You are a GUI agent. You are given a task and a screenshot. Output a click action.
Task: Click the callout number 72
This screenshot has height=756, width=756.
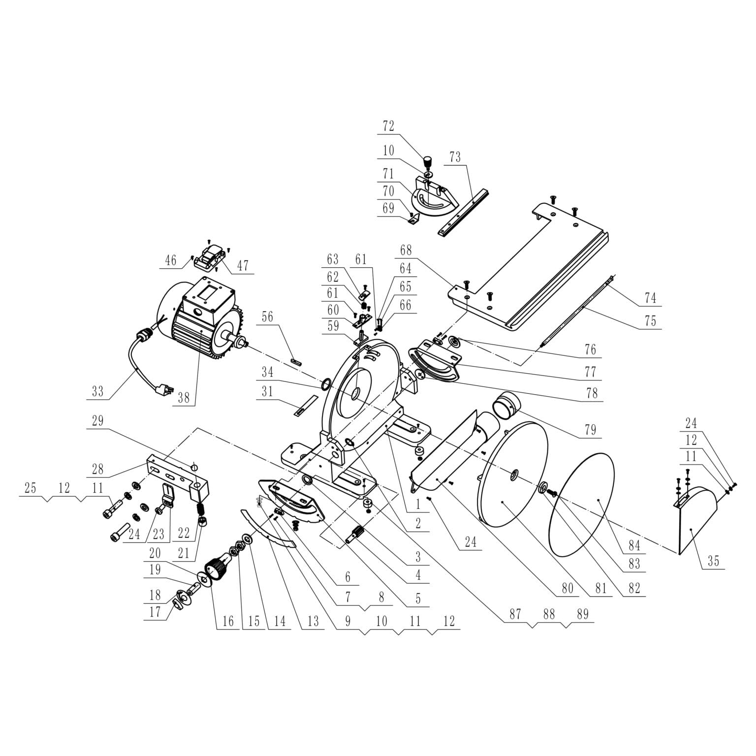[x=388, y=126]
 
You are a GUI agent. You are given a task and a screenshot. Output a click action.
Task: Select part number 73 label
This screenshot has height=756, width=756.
[x=455, y=157]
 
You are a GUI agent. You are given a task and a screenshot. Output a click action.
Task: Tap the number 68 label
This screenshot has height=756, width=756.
[x=406, y=250]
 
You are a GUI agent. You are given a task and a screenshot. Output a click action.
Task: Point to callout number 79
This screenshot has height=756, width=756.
[x=590, y=430]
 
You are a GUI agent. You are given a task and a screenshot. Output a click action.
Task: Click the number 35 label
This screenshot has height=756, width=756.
[x=713, y=561]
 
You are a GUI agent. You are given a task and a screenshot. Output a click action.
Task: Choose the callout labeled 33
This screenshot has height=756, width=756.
[x=98, y=391]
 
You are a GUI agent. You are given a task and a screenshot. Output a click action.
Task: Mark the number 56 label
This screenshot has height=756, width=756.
[x=267, y=317]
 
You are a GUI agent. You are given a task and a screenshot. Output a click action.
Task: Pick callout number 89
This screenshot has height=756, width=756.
[x=582, y=614]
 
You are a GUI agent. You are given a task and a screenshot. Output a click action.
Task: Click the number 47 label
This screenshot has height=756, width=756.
[x=243, y=266]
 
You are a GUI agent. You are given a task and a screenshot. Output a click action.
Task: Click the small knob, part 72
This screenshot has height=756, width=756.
[x=427, y=161]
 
